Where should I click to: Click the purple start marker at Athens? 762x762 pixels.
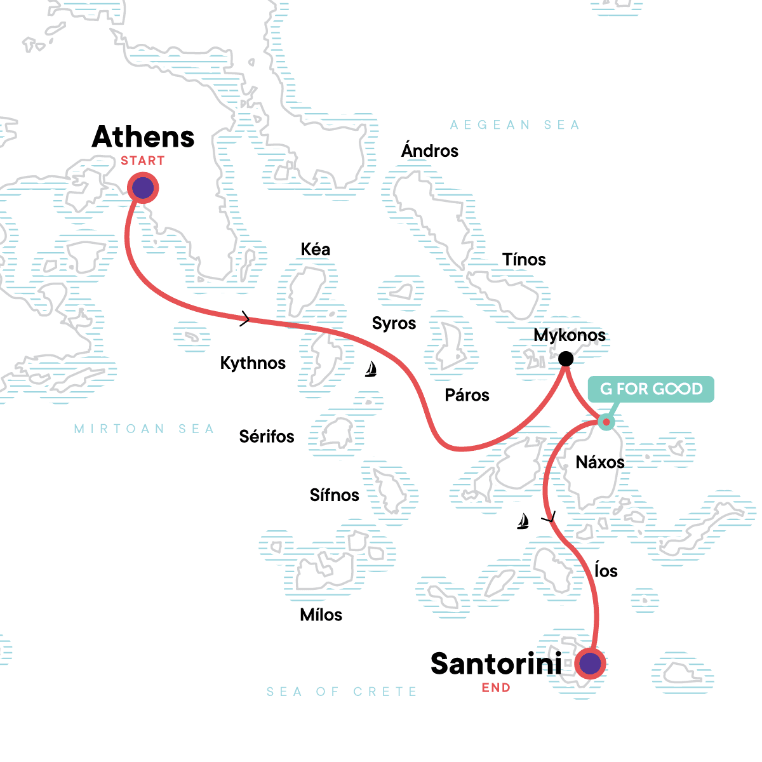coord(143,188)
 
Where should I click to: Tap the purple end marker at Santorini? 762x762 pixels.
coord(591,664)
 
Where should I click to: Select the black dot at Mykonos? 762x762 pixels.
coord(565,359)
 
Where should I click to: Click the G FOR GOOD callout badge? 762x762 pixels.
coord(651,389)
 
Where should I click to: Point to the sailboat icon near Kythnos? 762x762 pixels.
coord(371,369)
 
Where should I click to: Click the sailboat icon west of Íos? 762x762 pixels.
coord(523,521)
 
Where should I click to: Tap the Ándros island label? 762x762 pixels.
coord(430,151)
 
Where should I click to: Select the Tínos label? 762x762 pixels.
coord(524,260)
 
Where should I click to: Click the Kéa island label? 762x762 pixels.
coord(316,250)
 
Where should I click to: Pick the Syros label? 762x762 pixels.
coord(394,323)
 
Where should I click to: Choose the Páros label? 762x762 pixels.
coord(467,396)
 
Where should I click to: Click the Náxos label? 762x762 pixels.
coord(599,462)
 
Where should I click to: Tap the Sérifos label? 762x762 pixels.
coord(267,437)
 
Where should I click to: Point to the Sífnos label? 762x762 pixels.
coord(334,495)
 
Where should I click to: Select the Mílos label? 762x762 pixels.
coord(321,615)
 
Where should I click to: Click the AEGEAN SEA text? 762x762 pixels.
coord(514,125)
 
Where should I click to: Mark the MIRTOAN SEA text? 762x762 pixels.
coord(144,429)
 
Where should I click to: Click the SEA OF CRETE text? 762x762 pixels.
coord(342,692)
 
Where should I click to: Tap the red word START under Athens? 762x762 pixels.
coord(143,161)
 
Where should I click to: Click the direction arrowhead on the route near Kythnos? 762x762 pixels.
coord(246,319)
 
